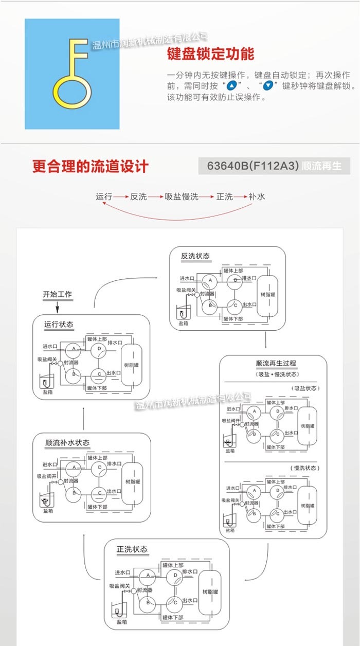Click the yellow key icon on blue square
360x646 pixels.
pos(72,74)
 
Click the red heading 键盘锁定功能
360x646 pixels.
pos(210,54)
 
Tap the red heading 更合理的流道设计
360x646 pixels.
pos(90,166)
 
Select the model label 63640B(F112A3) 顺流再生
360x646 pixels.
pos(274,166)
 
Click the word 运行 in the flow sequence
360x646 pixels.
pos(103,196)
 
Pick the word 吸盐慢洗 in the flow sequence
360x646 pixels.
pos(181,196)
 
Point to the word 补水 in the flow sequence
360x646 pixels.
pos(257,196)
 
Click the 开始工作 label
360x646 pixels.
pos(57,295)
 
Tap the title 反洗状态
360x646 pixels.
pos(195,256)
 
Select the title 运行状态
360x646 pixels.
pos(59,325)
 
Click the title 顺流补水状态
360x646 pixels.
pos(67,442)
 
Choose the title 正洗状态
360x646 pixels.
pos(132,549)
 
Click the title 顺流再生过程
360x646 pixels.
pos(276,364)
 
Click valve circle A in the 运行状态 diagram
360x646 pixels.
pos(74,349)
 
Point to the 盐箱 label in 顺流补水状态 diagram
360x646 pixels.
pos(48,511)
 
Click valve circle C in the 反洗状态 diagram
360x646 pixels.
pos(234,305)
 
